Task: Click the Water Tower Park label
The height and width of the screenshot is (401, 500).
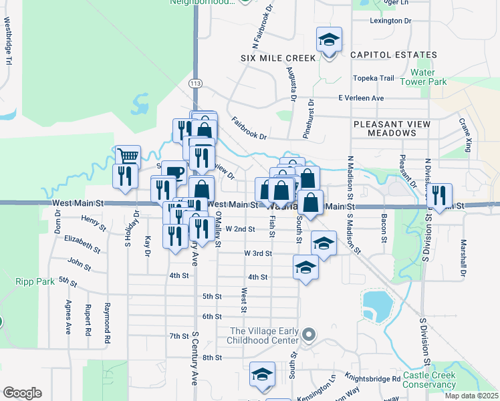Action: (x=428, y=77)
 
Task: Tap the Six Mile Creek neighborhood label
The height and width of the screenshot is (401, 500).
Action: (x=278, y=58)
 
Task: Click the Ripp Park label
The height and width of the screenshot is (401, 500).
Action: (x=35, y=281)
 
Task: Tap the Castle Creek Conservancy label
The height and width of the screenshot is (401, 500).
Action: (x=429, y=380)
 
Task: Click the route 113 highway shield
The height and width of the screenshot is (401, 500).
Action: (x=195, y=83)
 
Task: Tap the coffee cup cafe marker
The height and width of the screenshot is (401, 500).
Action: (x=174, y=172)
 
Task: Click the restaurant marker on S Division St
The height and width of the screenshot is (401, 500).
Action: (x=439, y=195)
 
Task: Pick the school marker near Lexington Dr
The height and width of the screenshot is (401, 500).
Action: (x=329, y=39)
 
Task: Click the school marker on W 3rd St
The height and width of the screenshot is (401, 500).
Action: (x=324, y=244)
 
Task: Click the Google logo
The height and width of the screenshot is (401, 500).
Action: (x=22, y=393)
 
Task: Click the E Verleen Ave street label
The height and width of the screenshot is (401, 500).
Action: (x=361, y=98)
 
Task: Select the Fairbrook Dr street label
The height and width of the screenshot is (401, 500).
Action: (x=249, y=128)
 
